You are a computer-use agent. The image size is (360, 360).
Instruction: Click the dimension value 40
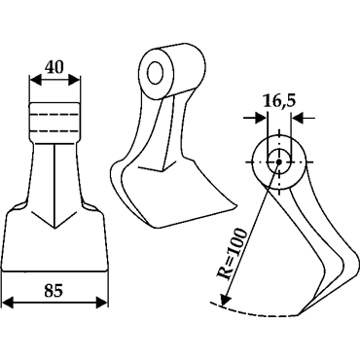point(54,67)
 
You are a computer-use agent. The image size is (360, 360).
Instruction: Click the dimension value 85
point(54,291)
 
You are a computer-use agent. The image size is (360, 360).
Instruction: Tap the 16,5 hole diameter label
point(279,101)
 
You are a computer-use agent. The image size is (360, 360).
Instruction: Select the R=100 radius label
point(232,254)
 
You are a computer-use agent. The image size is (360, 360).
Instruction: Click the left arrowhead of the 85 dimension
point(8,303)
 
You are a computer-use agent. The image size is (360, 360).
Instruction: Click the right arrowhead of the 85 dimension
point(101,303)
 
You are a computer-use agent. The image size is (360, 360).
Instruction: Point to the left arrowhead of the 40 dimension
point(35,80)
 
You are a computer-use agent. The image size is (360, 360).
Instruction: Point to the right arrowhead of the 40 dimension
point(74,80)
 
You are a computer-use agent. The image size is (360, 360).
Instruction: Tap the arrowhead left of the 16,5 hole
point(261,118)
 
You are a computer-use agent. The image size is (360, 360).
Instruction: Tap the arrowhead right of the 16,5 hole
point(297,118)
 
